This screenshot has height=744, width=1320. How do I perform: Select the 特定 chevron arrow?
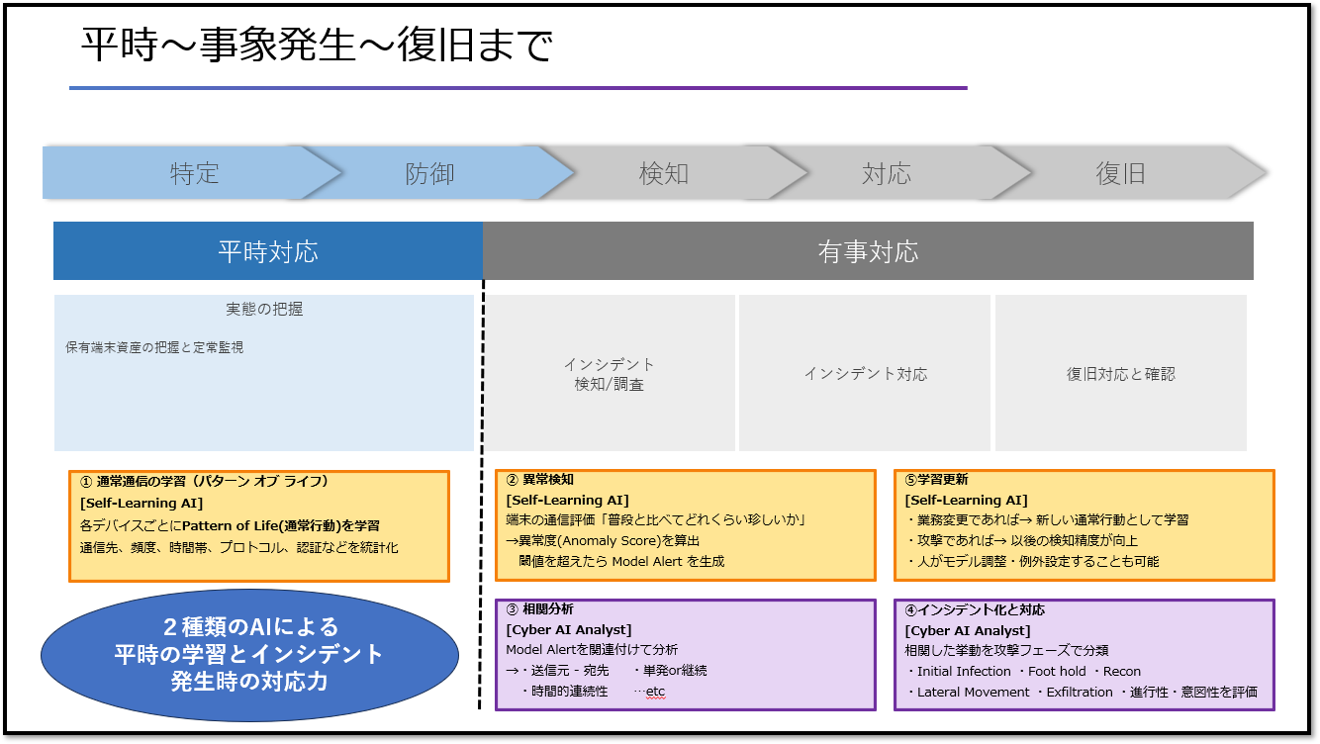pos(194,174)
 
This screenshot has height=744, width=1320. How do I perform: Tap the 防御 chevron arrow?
pos(429,174)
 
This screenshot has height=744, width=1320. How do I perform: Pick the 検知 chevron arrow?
pos(663,174)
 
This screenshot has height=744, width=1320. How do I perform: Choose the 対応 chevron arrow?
pos(886,174)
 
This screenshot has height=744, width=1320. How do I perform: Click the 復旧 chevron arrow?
pos(1120,174)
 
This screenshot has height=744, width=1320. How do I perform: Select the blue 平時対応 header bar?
pos(268,251)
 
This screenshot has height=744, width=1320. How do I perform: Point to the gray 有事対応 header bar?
pos(868,251)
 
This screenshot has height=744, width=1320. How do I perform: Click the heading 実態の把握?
pos(264,310)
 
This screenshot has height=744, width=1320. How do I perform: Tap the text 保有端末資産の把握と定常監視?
pos(154,347)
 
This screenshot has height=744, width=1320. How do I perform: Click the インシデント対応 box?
pos(865,374)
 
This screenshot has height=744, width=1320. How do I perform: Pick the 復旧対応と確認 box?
pos(1120,374)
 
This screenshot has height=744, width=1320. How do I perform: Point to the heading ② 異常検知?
pos(540,480)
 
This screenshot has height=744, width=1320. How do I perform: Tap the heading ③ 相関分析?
pos(540,609)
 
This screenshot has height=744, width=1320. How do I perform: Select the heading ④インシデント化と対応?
pos(975,609)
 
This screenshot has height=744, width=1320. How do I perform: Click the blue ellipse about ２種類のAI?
pos(249,655)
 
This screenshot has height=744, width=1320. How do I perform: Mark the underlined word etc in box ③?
pos(655,692)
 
